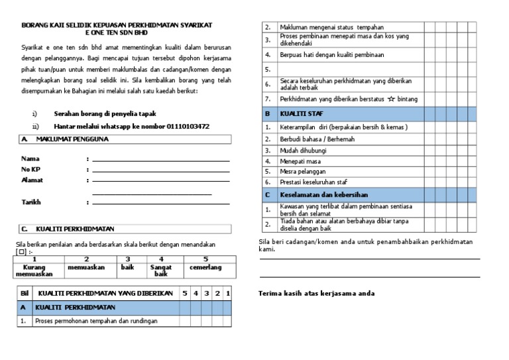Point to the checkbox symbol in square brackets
[21, 251]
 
